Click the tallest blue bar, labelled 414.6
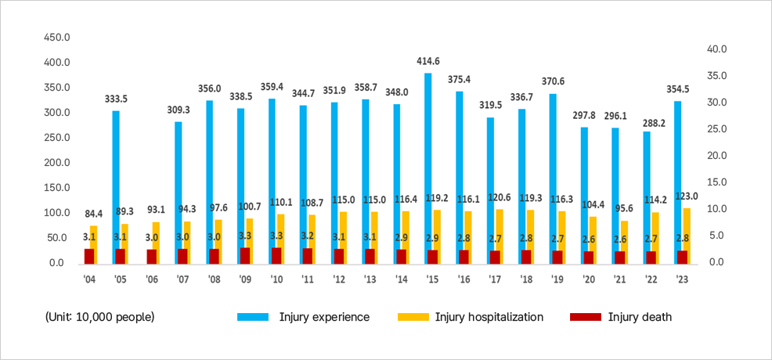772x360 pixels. click(x=428, y=168)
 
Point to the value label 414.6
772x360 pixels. click(x=427, y=61)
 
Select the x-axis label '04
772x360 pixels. click(x=89, y=279)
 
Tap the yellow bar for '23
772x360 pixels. click(x=687, y=236)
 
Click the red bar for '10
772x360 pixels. click(x=276, y=256)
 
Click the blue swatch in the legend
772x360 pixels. click(x=253, y=317)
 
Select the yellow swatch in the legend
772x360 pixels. click(x=413, y=317)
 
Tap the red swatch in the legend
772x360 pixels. click(x=585, y=317)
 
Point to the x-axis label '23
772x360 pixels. click(x=682, y=279)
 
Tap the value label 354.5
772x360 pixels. click(x=678, y=88)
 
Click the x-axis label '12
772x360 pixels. click(x=339, y=279)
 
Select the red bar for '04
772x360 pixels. click(x=89, y=256)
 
